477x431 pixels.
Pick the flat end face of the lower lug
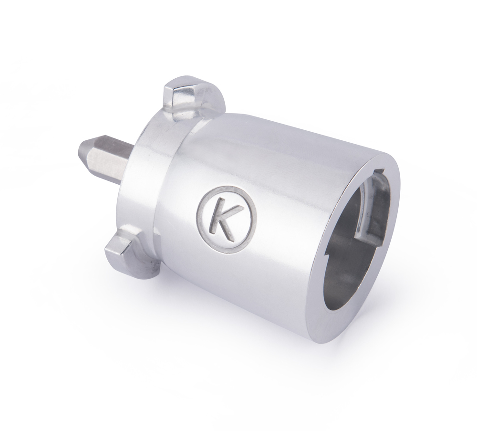[x=113, y=248]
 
